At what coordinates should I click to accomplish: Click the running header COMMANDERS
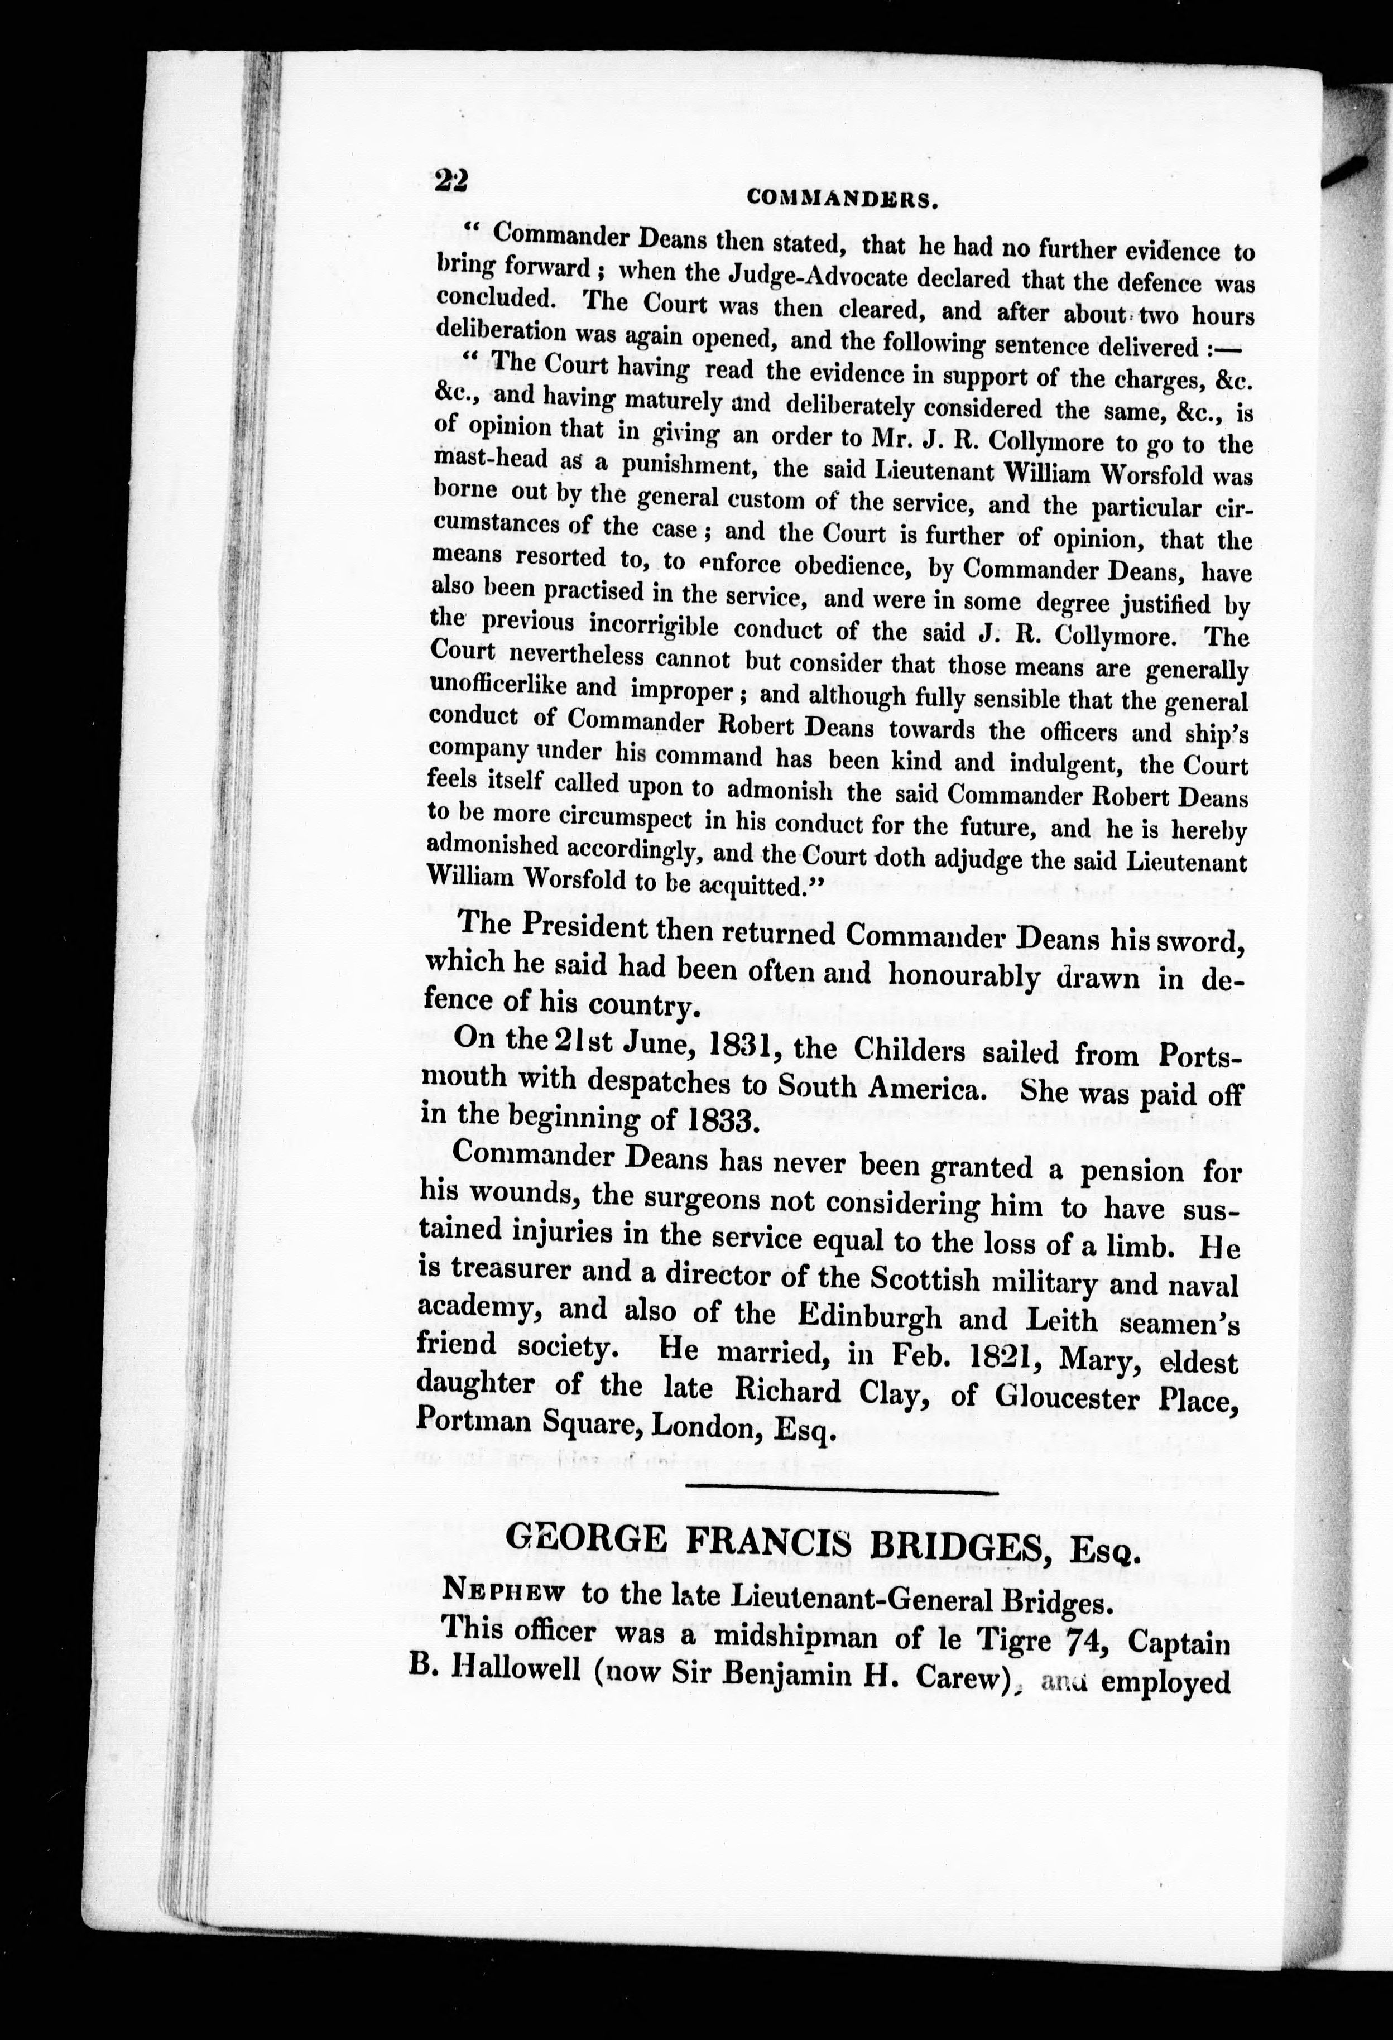843,199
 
